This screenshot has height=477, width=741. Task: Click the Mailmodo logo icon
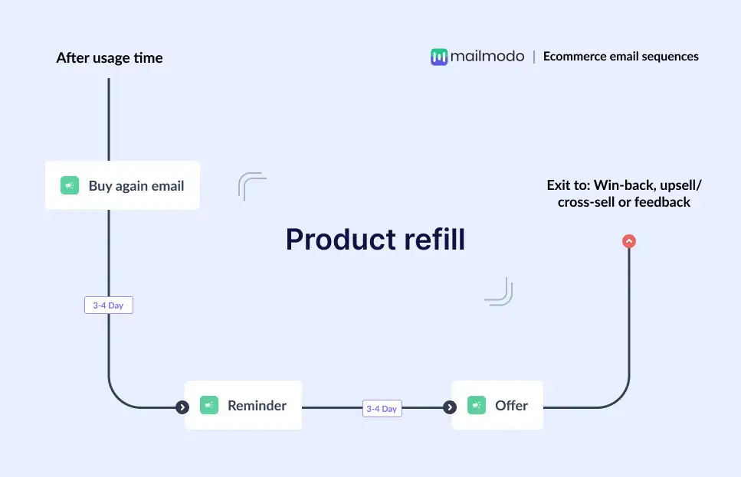[439, 57]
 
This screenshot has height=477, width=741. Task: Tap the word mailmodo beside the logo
[487, 57]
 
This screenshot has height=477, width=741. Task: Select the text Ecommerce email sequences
[621, 56]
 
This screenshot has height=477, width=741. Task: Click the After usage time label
[110, 58]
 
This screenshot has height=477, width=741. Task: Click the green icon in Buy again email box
[70, 185]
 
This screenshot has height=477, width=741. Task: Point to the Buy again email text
[136, 185]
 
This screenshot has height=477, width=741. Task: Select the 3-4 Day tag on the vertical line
[108, 305]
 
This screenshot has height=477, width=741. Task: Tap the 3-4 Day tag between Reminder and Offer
[382, 409]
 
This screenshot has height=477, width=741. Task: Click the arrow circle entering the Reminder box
[182, 407]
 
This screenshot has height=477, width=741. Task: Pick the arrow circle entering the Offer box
[450, 407]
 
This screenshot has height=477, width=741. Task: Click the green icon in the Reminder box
[209, 406]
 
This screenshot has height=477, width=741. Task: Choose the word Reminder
[257, 406]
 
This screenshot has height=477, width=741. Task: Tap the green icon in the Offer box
[477, 406]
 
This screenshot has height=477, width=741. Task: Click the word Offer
[511, 406]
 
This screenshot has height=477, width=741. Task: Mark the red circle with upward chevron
[629, 241]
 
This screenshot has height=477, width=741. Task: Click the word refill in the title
[430, 240]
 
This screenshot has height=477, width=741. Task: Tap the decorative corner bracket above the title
[251, 186]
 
